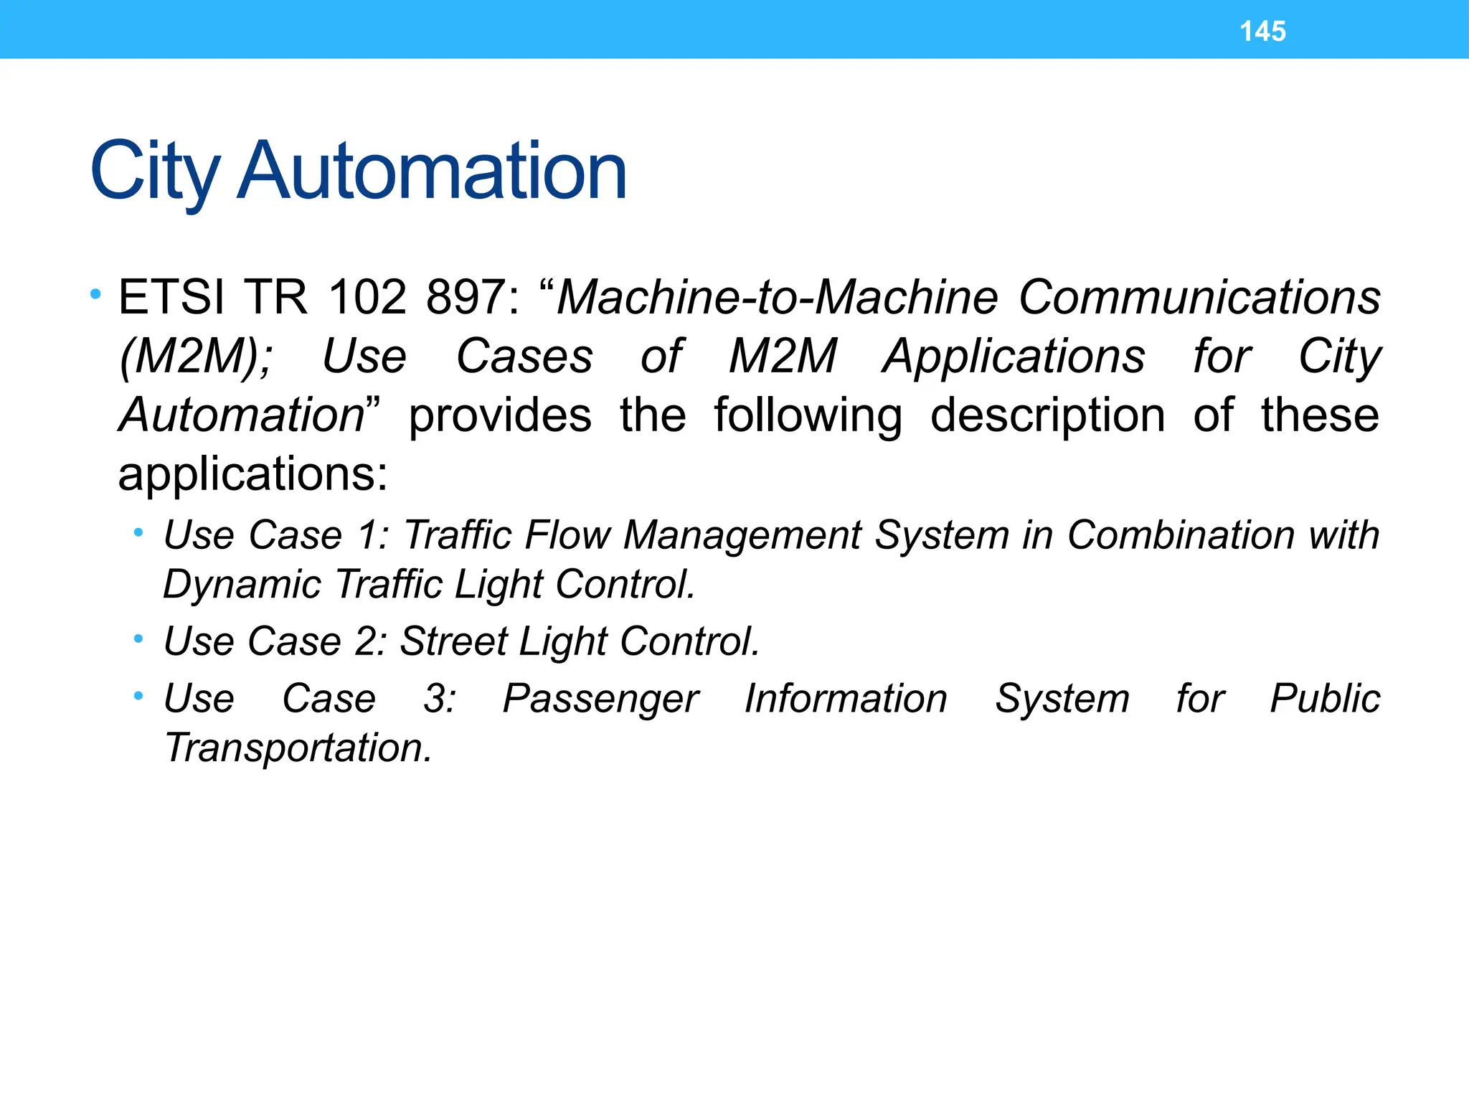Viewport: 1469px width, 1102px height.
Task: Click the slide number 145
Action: pyautogui.click(x=1262, y=32)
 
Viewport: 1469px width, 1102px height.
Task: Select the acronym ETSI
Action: pyautogui.click(x=171, y=297)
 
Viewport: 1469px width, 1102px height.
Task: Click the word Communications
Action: pyautogui.click(x=1199, y=297)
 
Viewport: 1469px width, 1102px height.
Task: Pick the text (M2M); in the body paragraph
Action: pyautogui.click(x=196, y=357)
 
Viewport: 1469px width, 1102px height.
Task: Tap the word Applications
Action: pyautogui.click(x=1014, y=357)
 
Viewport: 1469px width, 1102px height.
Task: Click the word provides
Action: pyautogui.click(x=500, y=415)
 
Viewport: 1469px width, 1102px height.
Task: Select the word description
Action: pyautogui.click(x=1047, y=415)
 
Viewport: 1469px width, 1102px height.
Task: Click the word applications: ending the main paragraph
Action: pyautogui.click(x=252, y=474)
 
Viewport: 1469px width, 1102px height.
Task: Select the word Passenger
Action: pyautogui.click(x=600, y=698)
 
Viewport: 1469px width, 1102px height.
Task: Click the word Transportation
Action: pyautogui.click(x=298, y=748)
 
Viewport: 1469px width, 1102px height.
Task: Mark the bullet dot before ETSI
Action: pyautogui.click(x=95, y=294)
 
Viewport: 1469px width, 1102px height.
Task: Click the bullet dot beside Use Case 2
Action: pyautogui.click(x=138, y=638)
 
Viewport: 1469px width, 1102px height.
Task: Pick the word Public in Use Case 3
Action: pyautogui.click(x=1325, y=698)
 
